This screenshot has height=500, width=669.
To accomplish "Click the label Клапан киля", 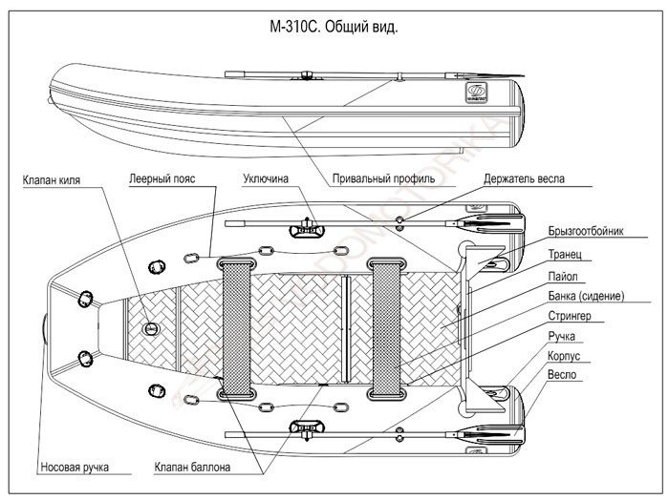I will [57, 178].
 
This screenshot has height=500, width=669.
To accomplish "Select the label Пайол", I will [563, 277].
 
